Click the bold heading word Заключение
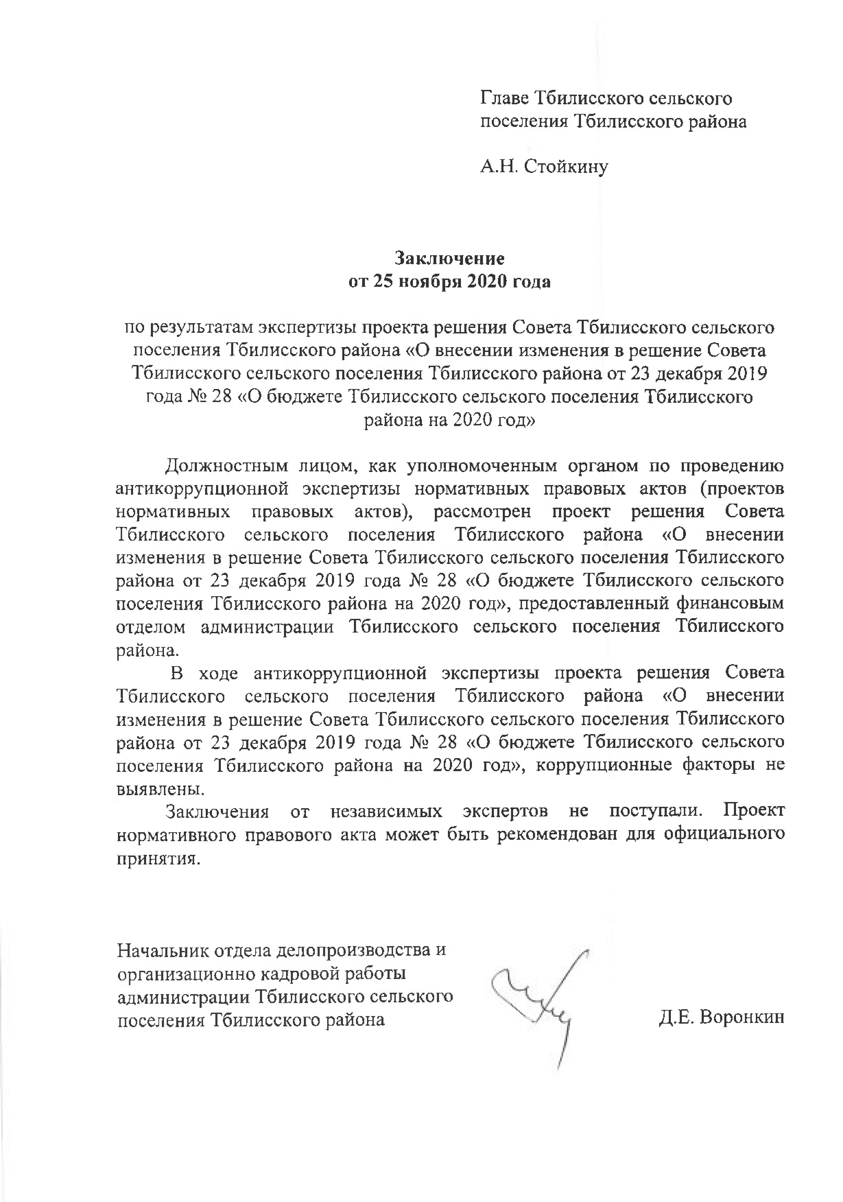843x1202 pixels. tap(450, 259)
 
